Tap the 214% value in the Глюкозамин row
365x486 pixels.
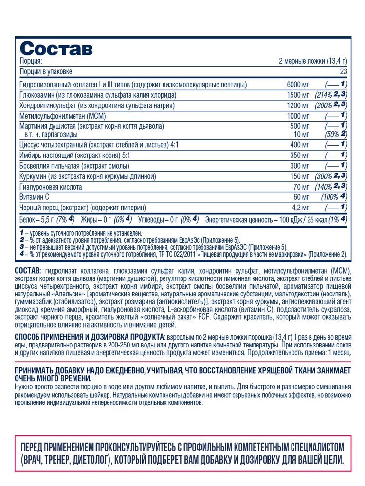(x=326, y=95)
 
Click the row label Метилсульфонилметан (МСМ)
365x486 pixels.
(x=63, y=116)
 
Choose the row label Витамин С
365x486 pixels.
(x=35, y=197)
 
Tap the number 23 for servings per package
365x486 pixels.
(x=343, y=71)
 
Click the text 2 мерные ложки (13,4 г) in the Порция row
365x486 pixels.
(x=312, y=61)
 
